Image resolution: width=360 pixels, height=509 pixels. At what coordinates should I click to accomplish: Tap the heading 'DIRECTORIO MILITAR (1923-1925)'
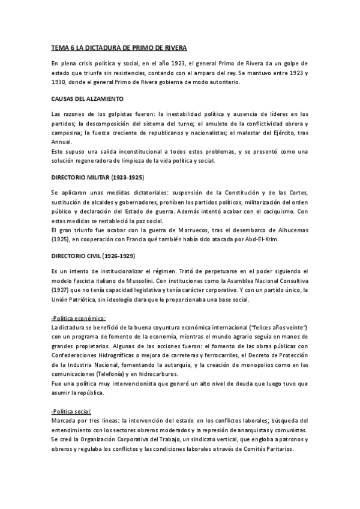[98, 178]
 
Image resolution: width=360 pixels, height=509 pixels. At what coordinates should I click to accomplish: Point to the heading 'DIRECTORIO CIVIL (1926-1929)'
[93, 255]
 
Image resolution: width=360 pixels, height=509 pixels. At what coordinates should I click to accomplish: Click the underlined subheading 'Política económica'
[79, 318]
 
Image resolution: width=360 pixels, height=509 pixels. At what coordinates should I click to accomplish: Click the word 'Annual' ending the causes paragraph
[61, 142]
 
